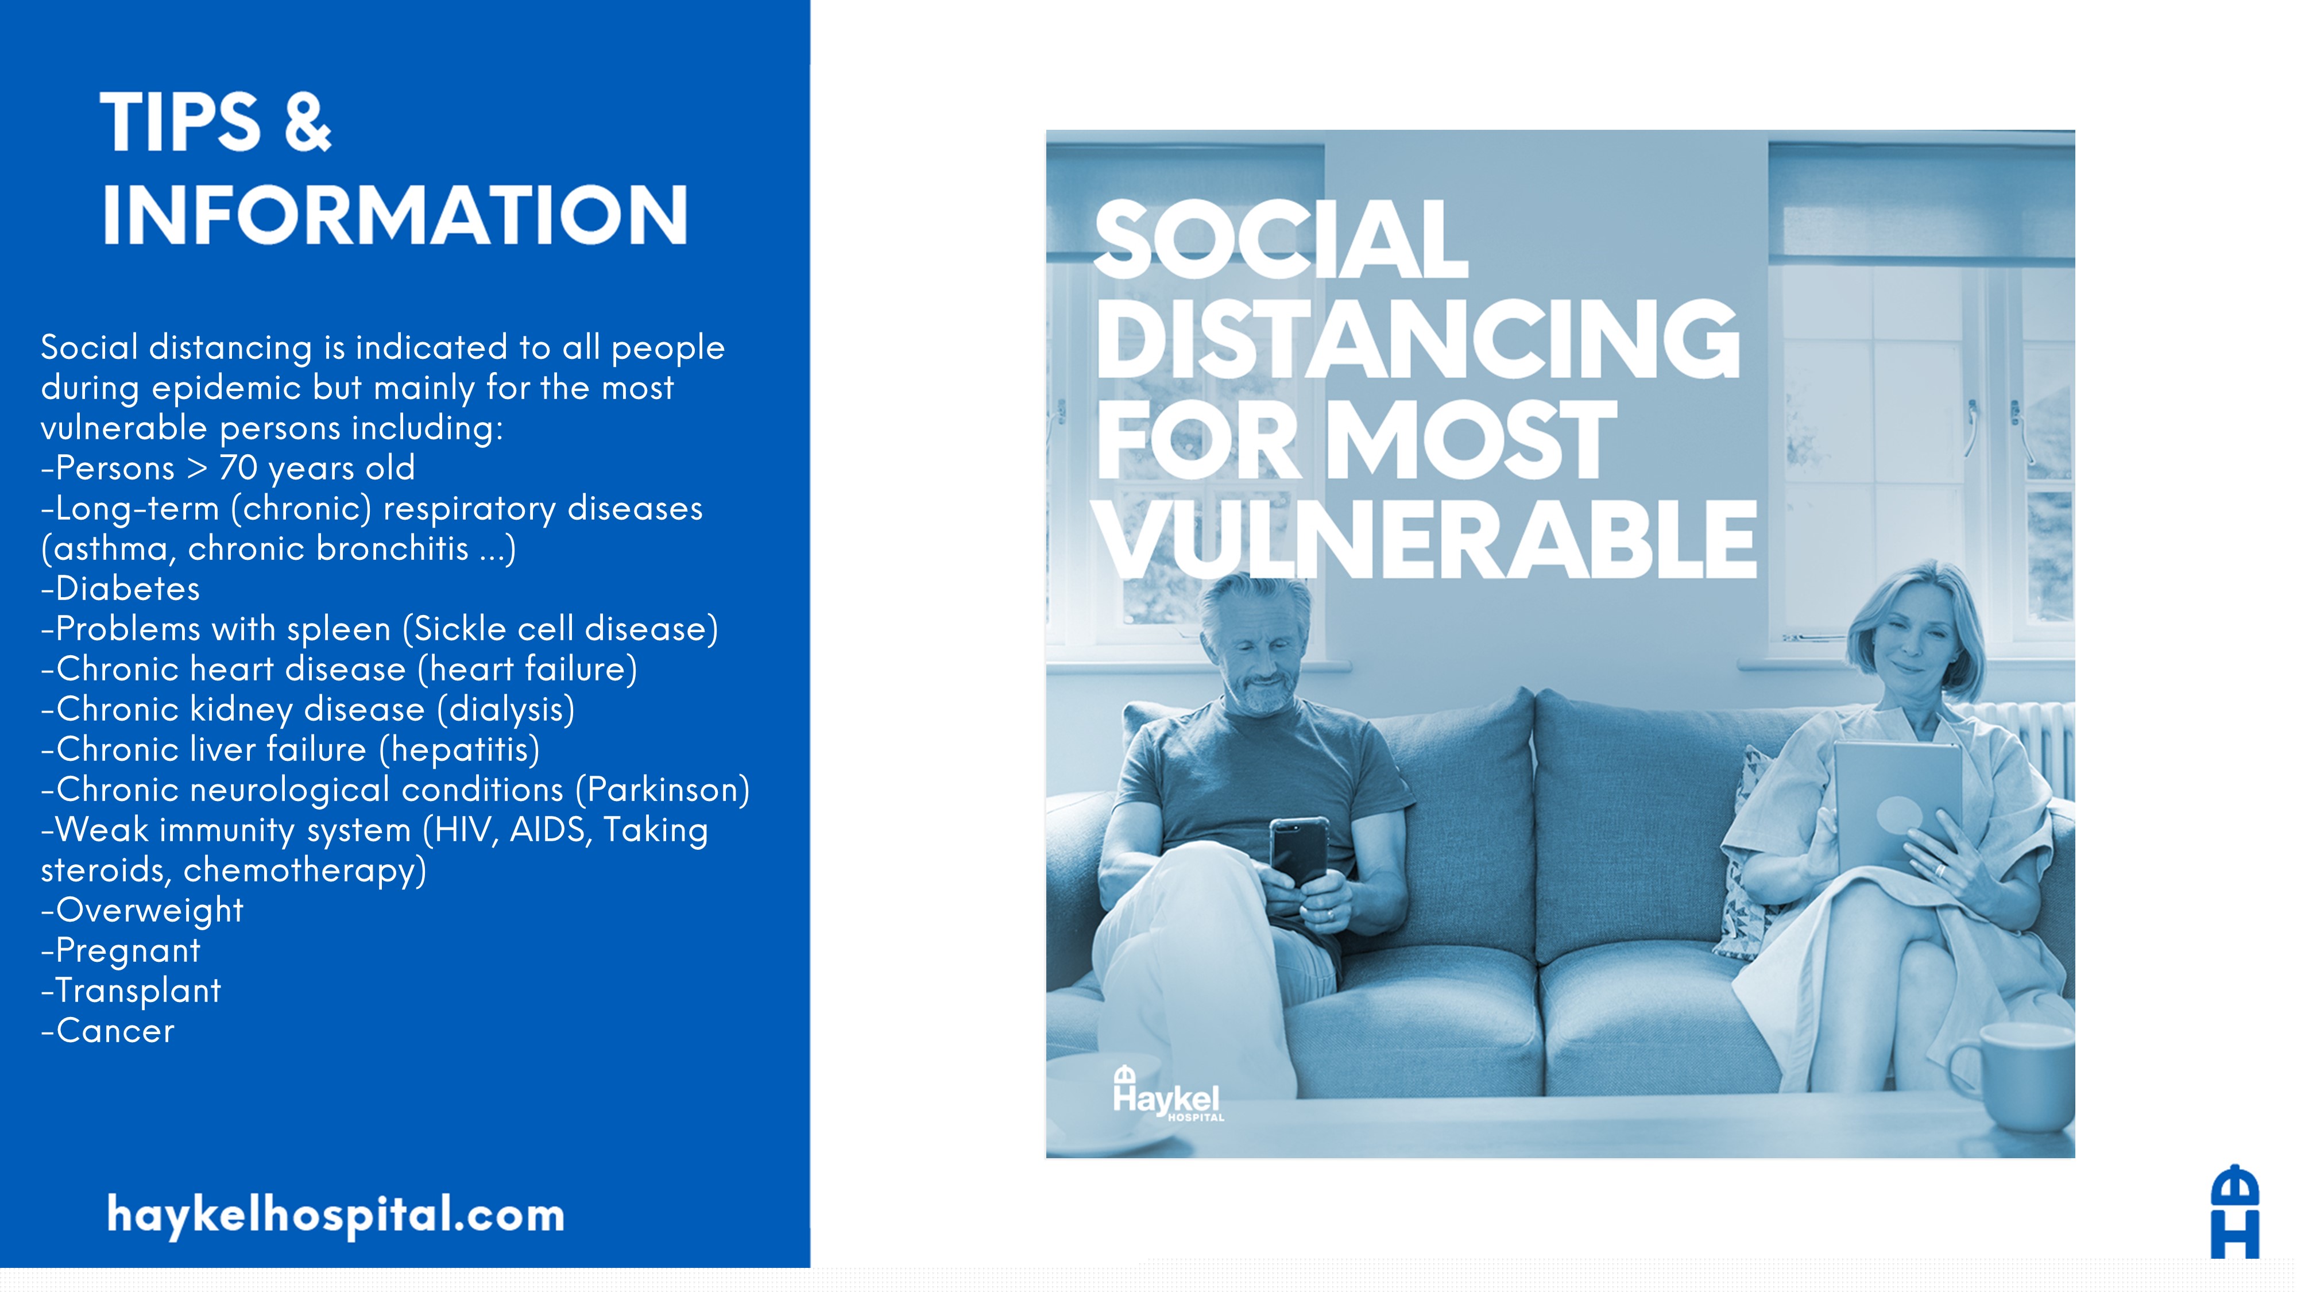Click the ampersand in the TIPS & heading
(308, 122)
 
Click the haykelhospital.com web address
(336, 1214)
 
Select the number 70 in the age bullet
(238, 467)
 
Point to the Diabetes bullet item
(121, 589)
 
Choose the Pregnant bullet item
(121, 950)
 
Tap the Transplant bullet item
(131, 991)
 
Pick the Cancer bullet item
(108, 1031)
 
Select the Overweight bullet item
(142, 910)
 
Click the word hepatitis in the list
(460, 749)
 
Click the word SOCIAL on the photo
(1281, 239)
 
